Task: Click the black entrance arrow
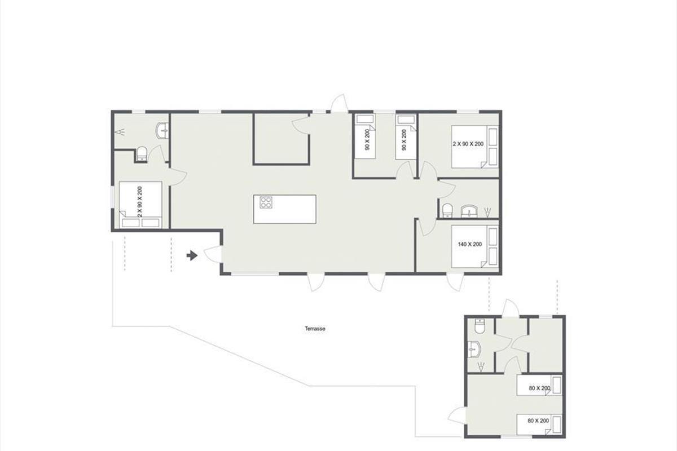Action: (192, 255)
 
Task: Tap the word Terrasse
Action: (315, 329)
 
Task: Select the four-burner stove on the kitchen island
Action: (266, 202)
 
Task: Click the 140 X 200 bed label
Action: (469, 244)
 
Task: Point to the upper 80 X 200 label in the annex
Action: (539, 388)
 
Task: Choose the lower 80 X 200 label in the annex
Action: (538, 421)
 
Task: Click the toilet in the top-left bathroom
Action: (142, 154)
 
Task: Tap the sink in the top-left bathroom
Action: (162, 131)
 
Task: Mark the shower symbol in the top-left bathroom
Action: (121, 132)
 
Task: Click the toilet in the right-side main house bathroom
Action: (447, 210)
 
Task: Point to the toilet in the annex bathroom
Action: (480, 326)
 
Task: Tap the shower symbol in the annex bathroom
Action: (480, 367)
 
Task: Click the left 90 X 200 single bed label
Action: (367, 140)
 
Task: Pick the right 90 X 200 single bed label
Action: (404, 140)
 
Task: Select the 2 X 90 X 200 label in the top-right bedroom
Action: (468, 144)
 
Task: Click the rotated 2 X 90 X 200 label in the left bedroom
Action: (139, 201)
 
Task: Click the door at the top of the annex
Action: (511, 308)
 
